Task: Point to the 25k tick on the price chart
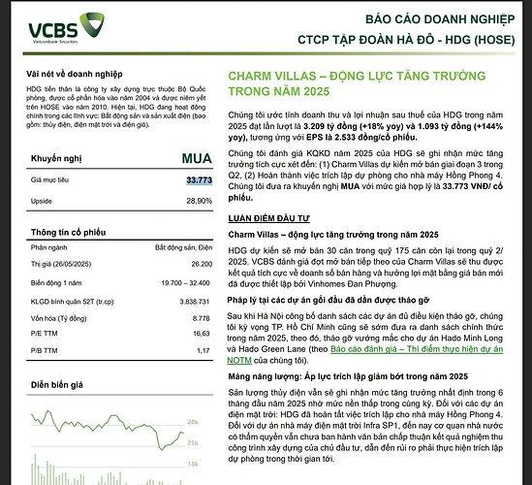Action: (x=194, y=424)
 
